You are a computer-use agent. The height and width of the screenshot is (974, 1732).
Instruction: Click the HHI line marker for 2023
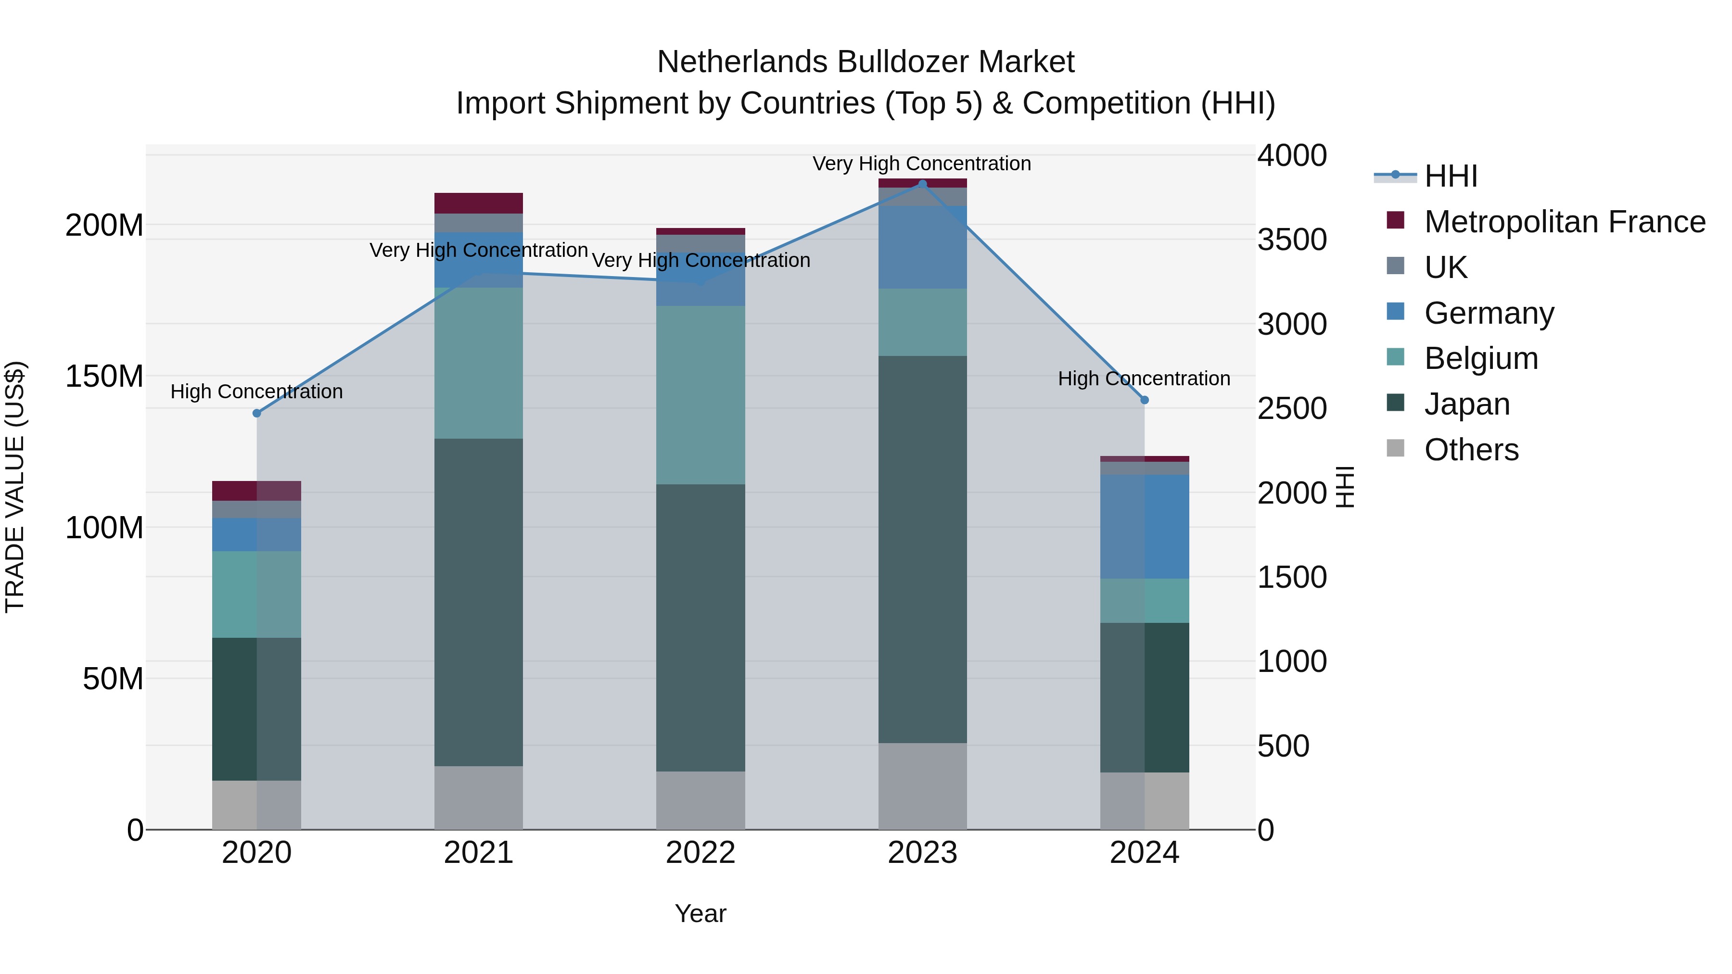coord(922,184)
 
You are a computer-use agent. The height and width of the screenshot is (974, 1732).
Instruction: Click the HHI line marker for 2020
coord(257,413)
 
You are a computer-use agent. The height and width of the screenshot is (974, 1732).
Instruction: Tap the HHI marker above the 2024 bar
coord(1145,400)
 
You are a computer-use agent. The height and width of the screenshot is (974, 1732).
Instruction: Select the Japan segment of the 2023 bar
coord(922,549)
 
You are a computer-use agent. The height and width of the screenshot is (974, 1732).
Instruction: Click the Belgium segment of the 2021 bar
coord(479,363)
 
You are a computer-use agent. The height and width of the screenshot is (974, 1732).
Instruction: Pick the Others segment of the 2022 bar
coord(700,800)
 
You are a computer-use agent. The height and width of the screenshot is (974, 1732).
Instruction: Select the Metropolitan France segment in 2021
coord(479,203)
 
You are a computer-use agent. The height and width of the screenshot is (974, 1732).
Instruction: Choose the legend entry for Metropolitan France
coord(1564,222)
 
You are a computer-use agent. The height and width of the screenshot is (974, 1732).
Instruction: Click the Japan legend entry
coord(1466,404)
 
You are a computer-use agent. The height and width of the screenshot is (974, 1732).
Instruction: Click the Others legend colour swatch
coord(1395,448)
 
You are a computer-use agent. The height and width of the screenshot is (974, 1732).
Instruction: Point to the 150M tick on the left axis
coord(104,377)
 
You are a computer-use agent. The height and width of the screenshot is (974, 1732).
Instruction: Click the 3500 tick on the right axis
coord(1292,240)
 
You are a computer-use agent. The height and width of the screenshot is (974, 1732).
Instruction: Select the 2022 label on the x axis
coord(700,853)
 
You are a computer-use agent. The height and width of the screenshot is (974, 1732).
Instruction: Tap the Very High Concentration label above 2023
coord(922,164)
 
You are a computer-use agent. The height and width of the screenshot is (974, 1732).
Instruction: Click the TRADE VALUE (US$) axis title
coord(15,487)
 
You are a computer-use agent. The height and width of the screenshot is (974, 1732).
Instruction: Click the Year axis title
coord(700,913)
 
